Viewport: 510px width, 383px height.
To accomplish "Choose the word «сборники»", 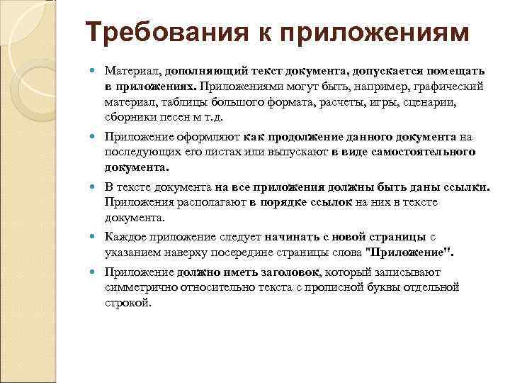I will tap(128, 116).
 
